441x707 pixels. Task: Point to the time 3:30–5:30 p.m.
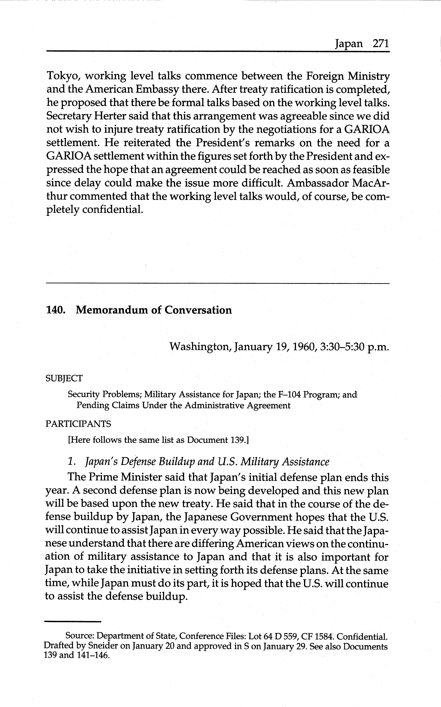(354, 347)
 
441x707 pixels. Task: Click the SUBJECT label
(64, 379)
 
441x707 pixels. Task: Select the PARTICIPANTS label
(78, 424)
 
